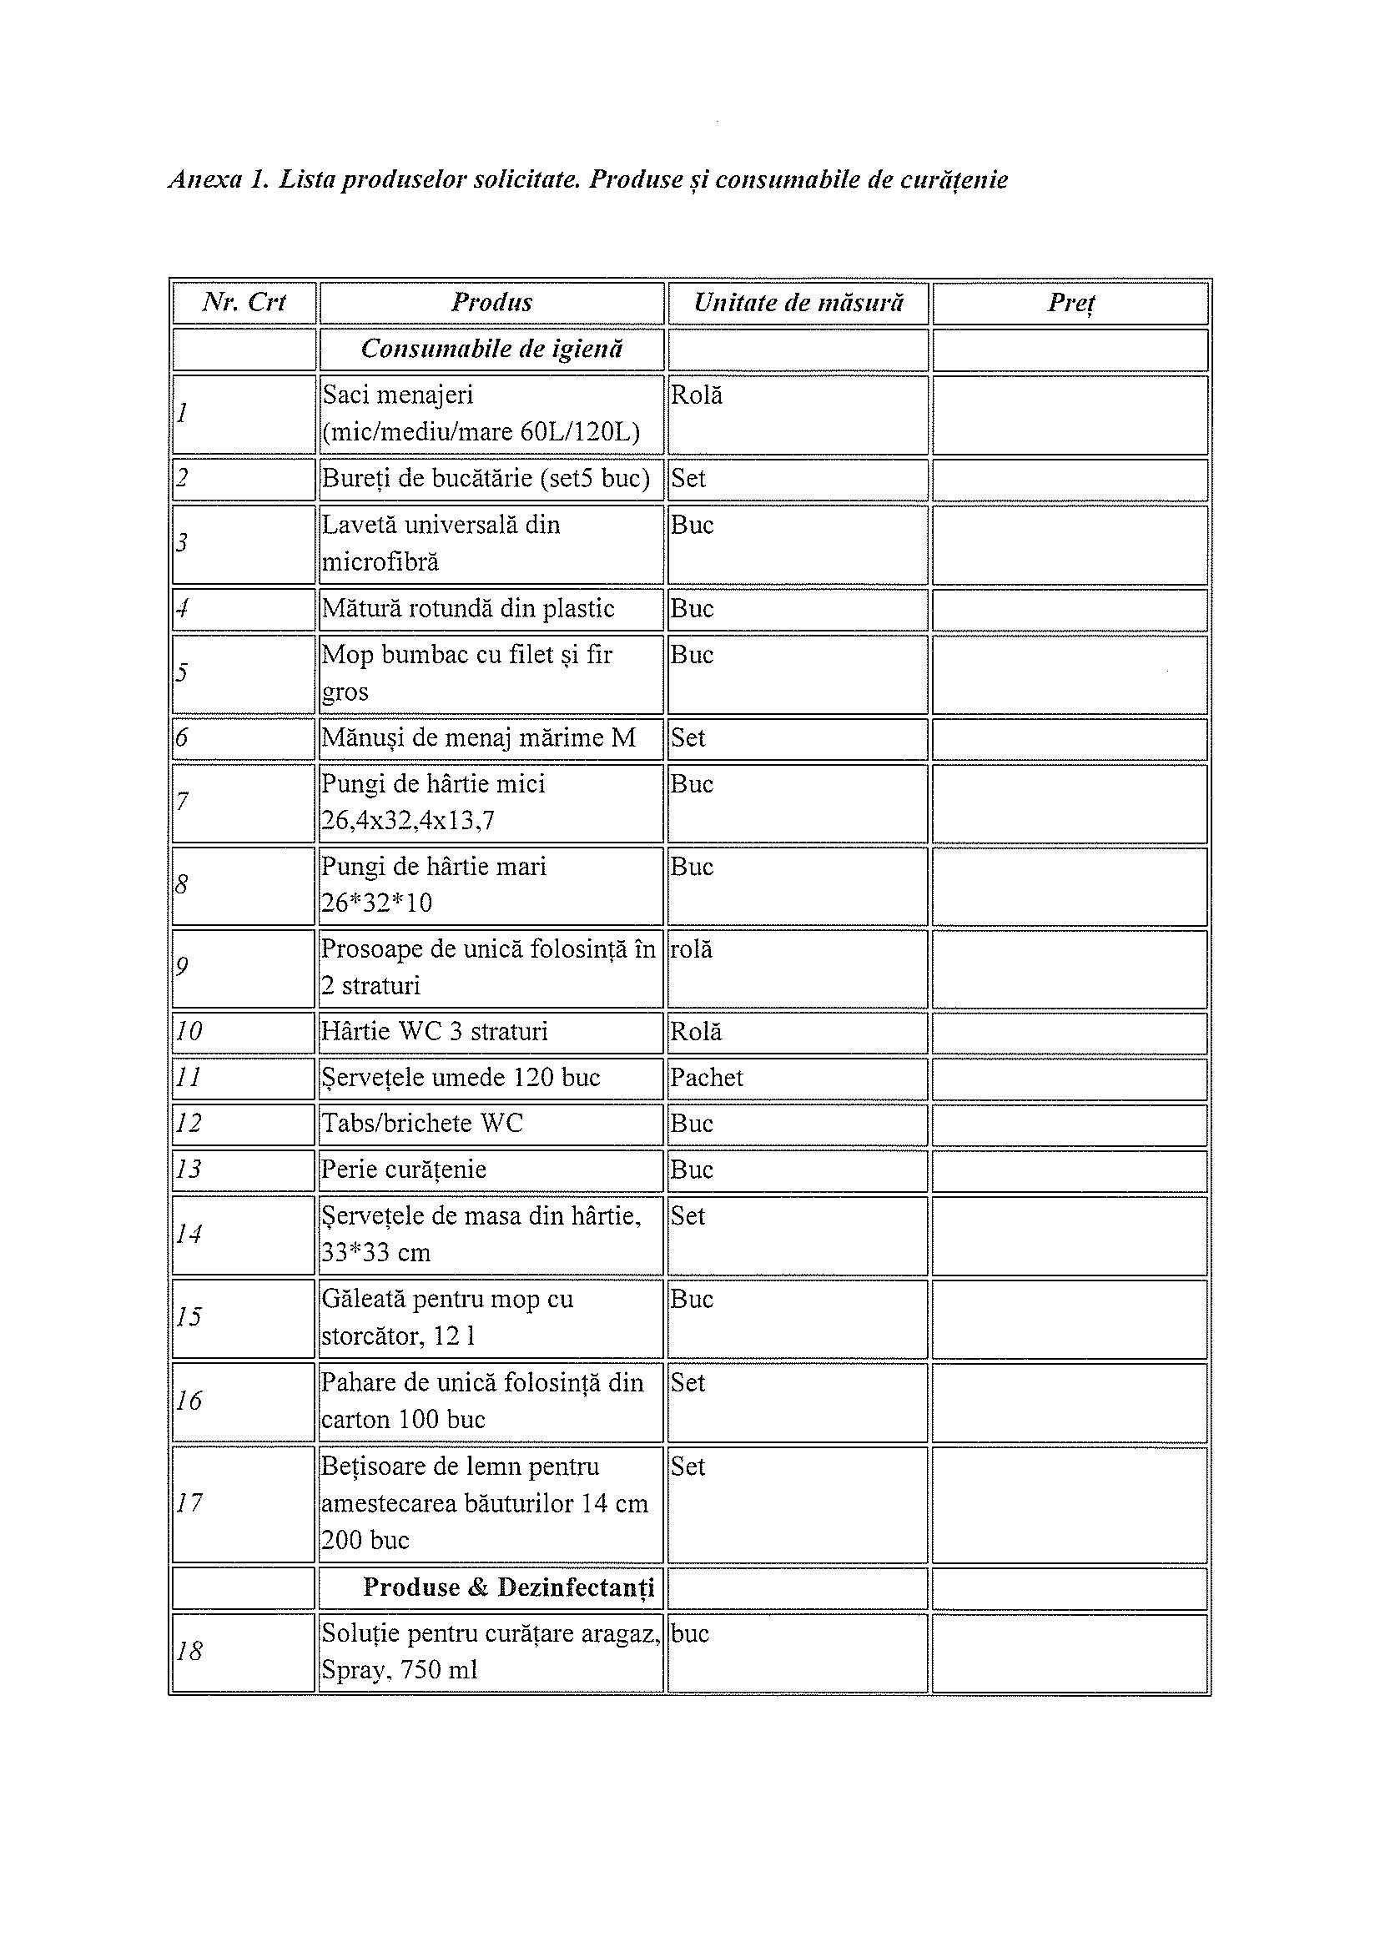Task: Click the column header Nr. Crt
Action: (244, 303)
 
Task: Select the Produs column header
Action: (491, 303)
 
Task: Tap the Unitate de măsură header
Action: (798, 303)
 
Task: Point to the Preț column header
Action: (1070, 303)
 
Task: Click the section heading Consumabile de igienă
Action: (491, 350)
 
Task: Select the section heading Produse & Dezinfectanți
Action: (508, 1587)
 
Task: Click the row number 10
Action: (189, 1032)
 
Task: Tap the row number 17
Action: (189, 1503)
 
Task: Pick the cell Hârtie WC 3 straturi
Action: (435, 1032)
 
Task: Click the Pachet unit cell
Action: (707, 1078)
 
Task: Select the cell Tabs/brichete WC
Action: (421, 1124)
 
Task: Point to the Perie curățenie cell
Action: (404, 1170)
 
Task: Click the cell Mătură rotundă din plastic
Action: (468, 609)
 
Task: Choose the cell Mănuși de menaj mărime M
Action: (479, 738)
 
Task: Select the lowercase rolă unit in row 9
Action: (692, 949)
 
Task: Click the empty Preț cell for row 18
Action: (1070, 1653)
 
